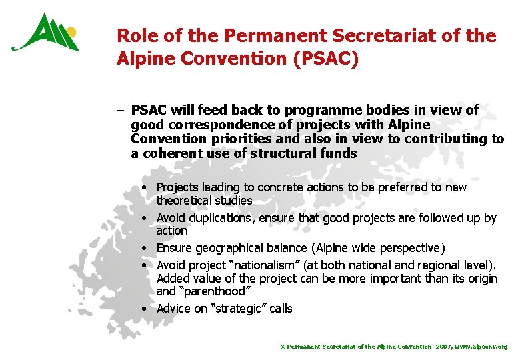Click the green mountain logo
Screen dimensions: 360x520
click(x=45, y=34)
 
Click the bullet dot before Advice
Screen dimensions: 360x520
click(x=144, y=309)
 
